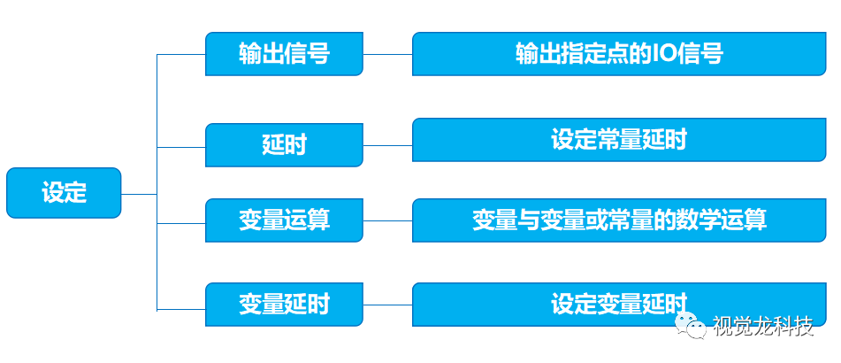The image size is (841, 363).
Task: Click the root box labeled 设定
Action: (64, 193)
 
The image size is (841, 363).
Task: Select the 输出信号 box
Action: (284, 54)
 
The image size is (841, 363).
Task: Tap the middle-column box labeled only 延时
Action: (284, 145)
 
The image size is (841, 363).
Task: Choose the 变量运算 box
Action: (284, 220)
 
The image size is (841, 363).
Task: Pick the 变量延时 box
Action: (284, 305)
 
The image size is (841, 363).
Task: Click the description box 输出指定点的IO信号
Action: (619, 54)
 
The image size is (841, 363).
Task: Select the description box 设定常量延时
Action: (619, 140)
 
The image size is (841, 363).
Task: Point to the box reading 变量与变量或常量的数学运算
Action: (619, 220)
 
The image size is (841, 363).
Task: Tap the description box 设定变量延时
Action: (619, 305)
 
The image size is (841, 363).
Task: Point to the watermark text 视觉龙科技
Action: (762, 326)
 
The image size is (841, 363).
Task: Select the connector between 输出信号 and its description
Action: (388, 54)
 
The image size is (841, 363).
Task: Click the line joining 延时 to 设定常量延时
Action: (388, 145)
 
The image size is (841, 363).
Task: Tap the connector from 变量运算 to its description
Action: (388, 220)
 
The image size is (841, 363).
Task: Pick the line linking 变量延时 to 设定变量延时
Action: (388, 305)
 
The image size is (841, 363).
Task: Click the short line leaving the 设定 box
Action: (140, 194)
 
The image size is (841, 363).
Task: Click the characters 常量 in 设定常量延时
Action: (618, 140)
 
